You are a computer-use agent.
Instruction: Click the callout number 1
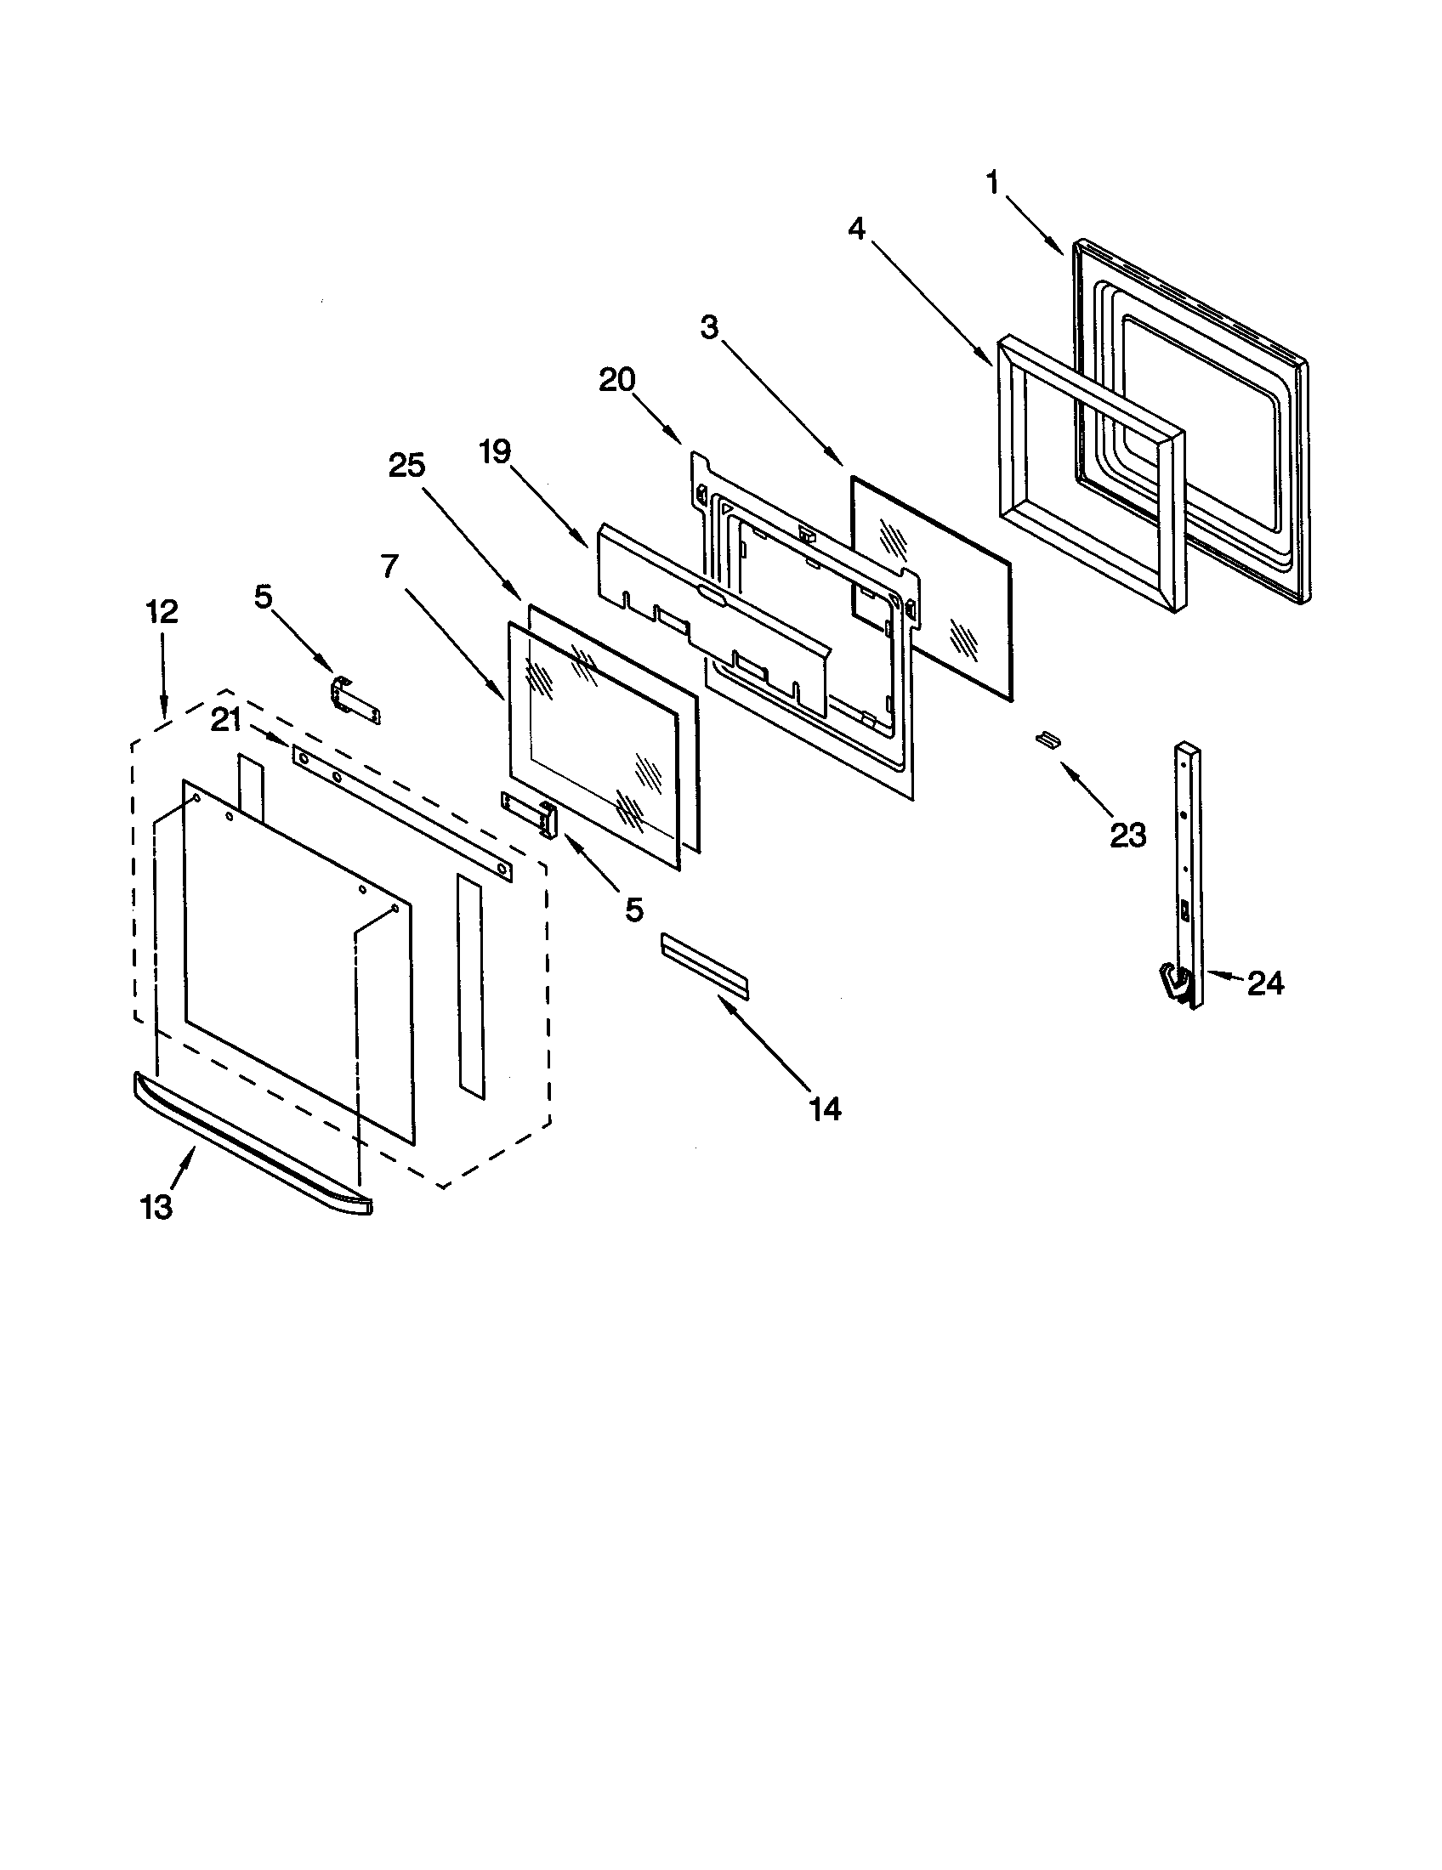992,184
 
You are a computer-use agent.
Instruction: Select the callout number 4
857,229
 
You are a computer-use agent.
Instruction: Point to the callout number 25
406,466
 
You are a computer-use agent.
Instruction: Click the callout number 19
495,451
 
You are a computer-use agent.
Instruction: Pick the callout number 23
1127,835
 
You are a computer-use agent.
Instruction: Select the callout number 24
1265,984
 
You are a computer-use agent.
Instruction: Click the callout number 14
825,1108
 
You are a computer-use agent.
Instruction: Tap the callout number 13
156,1207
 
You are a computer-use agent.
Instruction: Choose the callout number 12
162,611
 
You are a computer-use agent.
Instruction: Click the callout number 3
709,327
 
